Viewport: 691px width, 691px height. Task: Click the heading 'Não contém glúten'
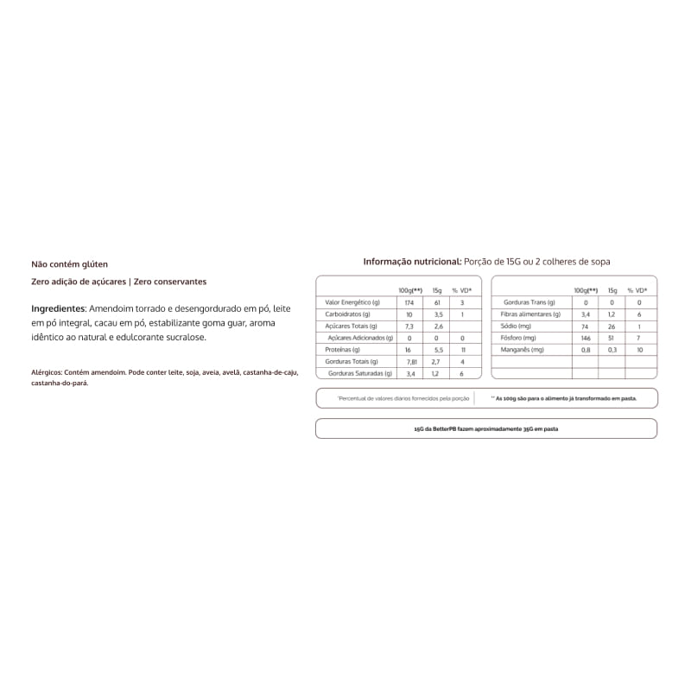70,264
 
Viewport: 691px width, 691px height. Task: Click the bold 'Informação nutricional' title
411,261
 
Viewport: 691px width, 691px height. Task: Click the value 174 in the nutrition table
409,302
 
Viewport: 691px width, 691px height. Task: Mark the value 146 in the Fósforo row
585,338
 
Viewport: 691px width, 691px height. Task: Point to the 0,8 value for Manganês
585,350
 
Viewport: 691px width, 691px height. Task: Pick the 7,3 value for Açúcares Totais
409,326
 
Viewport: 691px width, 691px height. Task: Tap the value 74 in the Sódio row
585,326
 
